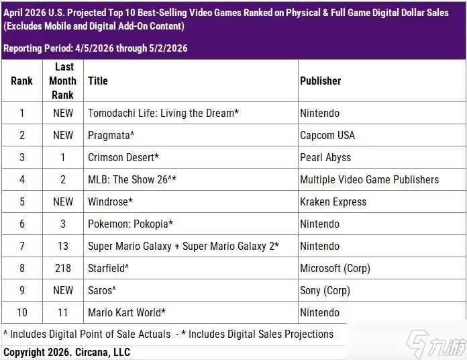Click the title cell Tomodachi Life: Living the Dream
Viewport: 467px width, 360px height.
click(x=163, y=114)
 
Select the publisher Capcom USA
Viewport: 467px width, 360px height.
click(x=327, y=135)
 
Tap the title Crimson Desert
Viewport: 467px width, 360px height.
click(x=123, y=157)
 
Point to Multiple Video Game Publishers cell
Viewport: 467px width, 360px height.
click(x=369, y=179)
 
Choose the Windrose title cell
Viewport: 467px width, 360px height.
click(x=110, y=201)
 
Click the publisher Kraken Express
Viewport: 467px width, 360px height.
click(x=333, y=201)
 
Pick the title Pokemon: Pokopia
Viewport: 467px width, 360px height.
click(x=130, y=224)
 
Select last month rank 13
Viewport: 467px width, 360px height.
click(x=63, y=246)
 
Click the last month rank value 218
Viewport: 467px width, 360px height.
click(x=63, y=268)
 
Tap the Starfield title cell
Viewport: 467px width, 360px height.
click(x=108, y=268)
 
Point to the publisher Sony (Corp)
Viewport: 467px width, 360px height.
click(x=325, y=291)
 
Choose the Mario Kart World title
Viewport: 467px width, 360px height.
click(x=127, y=312)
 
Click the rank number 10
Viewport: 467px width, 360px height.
click(x=22, y=312)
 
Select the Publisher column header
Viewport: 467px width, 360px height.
click(x=321, y=81)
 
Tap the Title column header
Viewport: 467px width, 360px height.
click(x=98, y=81)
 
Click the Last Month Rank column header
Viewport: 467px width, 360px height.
click(x=63, y=81)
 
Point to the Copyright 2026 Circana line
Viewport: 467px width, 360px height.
click(x=66, y=352)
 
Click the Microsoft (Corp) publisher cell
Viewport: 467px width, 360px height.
click(x=335, y=268)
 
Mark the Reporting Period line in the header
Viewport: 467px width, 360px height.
click(x=95, y=48)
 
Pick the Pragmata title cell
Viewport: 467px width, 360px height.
click(x=111, y=135)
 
